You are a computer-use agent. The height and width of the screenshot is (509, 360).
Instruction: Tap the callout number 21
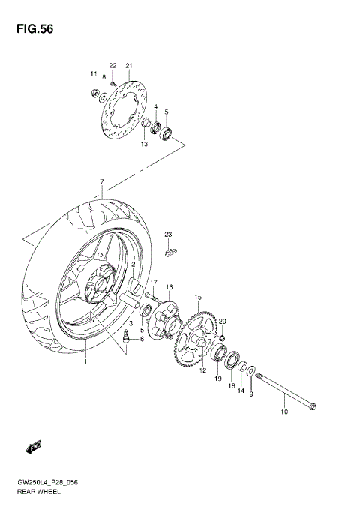point(128,66)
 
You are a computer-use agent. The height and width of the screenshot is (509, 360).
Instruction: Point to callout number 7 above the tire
point(100,182)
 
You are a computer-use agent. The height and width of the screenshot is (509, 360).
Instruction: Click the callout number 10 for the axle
point(284,412)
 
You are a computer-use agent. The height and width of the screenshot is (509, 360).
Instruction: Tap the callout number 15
point(198,298)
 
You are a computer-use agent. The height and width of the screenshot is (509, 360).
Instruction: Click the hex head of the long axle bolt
point(313,408)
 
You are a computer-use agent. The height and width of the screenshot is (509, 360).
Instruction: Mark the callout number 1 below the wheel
point(85,361)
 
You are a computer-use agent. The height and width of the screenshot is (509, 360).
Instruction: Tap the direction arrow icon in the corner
point(33,448)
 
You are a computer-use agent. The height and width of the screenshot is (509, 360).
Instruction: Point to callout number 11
point(94,73)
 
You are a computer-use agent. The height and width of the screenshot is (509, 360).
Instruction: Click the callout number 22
point(112,66)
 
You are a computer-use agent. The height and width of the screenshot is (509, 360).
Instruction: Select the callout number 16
point(169,287)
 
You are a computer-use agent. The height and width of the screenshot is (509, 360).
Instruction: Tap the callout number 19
point(218,380)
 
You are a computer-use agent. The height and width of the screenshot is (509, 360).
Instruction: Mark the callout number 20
point(221,322)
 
